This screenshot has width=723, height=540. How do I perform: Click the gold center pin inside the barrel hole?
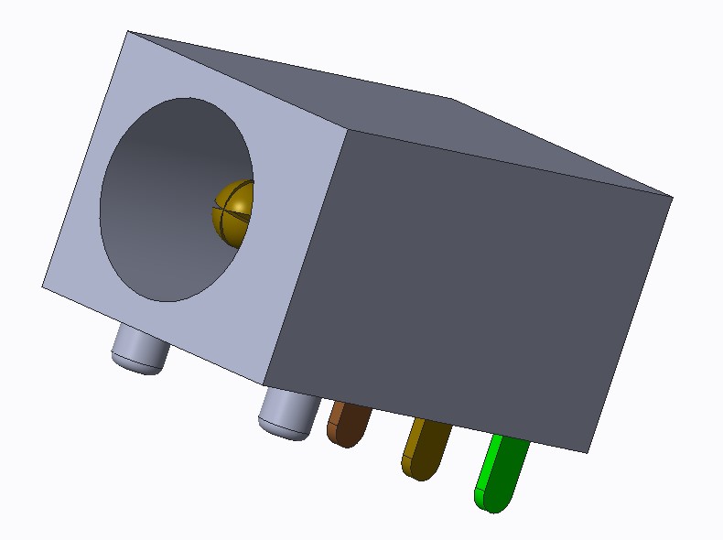[232, 212]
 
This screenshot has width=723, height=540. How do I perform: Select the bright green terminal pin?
[501, 472]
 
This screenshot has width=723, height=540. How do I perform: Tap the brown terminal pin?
[348, 424]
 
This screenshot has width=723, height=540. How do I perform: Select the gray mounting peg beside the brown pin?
[287, 413]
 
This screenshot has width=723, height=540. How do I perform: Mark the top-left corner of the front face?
[127, 32]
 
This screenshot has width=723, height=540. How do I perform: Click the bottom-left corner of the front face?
[42, 286]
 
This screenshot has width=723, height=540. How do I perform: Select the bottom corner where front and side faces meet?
[264, 385]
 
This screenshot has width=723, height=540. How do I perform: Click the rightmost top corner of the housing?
[673, 197]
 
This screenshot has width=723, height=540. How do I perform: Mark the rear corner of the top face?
[450, 97]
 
